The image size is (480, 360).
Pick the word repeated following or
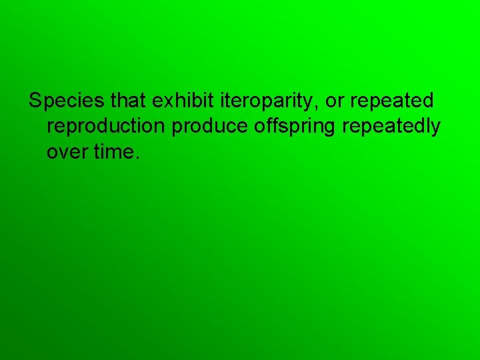(392, 102)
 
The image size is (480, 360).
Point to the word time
(114, 153)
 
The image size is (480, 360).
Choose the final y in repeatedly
(435, 129)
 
